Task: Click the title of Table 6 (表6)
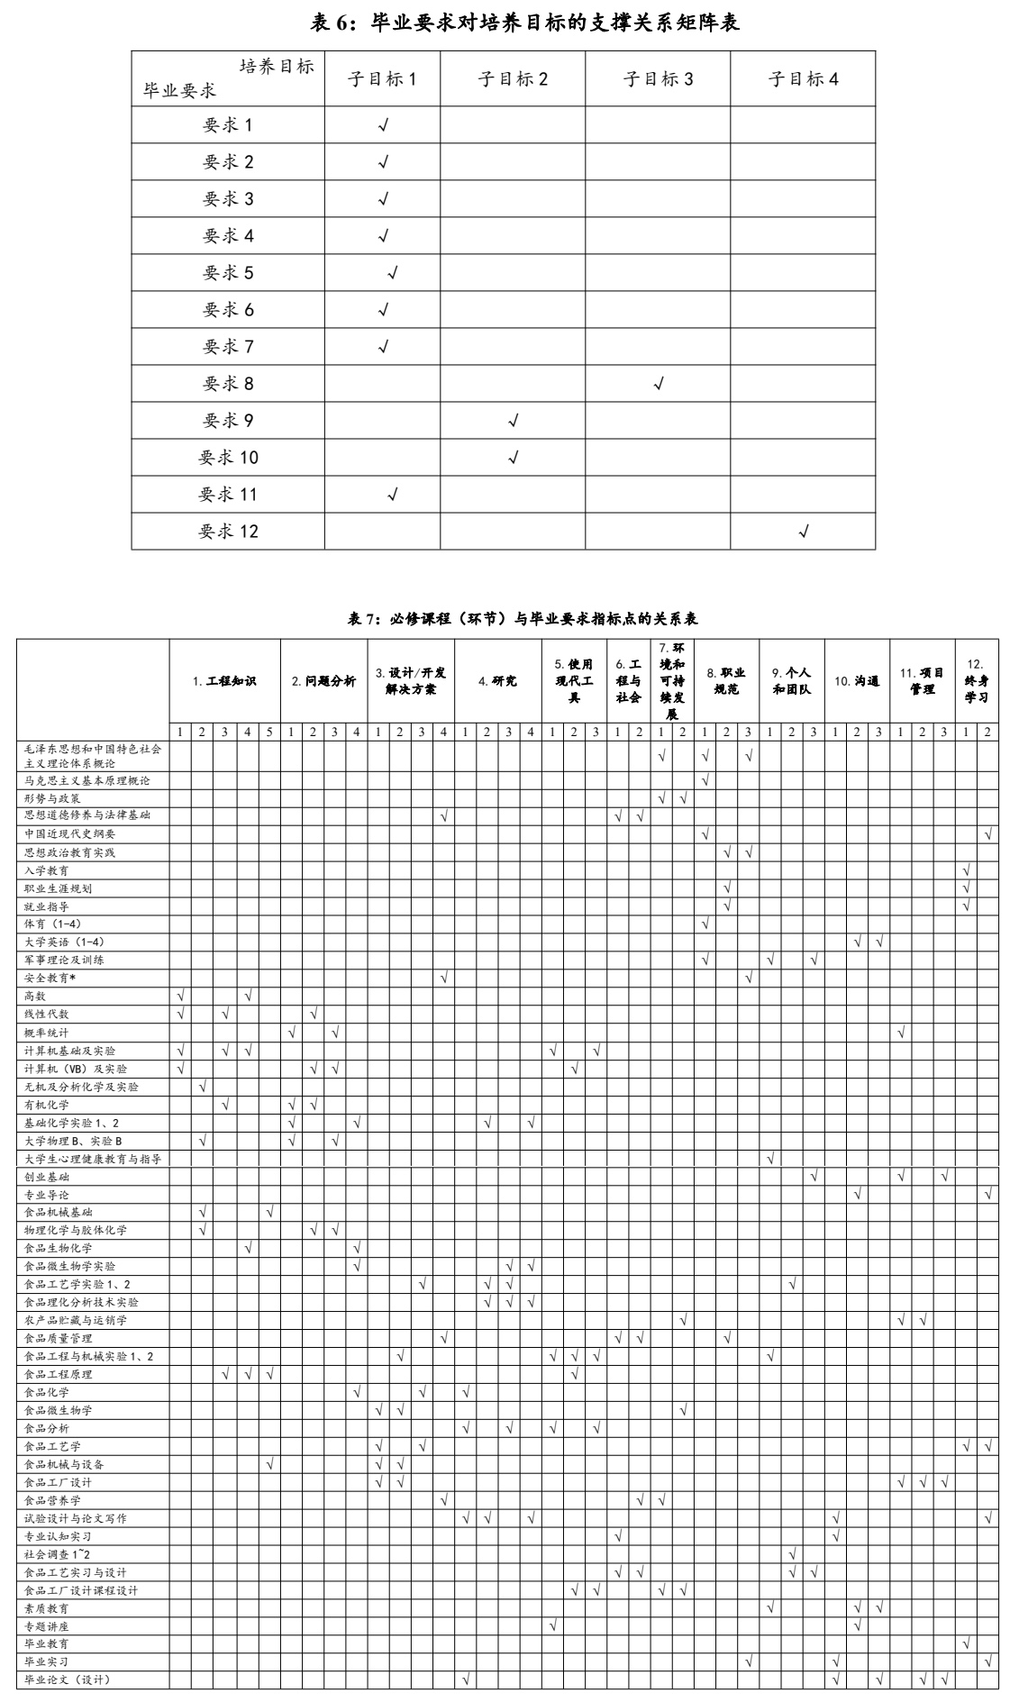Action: click(524, 23)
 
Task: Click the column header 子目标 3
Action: click(658, 79)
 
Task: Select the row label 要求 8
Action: click(228, 384)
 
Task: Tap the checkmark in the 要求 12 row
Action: click(803, 532)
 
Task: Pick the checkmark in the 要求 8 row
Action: click(659, 384)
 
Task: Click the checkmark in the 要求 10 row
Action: click(514, 458)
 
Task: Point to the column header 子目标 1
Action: click(382, 79)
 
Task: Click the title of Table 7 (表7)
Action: click(523, 619)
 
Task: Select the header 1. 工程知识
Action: click(224, 681)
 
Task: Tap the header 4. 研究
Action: click(497, 681)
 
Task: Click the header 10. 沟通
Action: click(857, 681)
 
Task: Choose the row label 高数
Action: click(35, 997)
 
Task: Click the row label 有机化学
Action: click(46, 1105)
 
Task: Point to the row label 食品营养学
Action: click(52, 1500)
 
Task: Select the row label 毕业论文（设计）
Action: click(67, 1679)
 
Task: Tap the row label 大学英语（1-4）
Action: click(64, 942)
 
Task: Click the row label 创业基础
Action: click(46, 1177)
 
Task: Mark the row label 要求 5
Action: click(228, 273)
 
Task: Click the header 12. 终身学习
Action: click(977, 681)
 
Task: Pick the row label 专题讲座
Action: click(46, 1626)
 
